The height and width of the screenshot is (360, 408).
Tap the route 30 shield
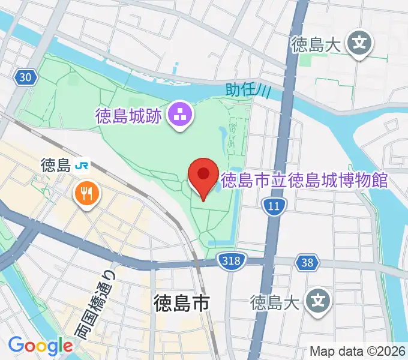pos(25,77)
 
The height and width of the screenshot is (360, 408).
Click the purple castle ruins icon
pos(179,113)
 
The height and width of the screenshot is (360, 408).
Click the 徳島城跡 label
pos(128,115)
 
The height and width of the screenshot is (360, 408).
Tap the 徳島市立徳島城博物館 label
pos(304,179)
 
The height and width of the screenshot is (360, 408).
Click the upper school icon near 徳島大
pos(359,44)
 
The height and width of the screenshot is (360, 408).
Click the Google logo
pos(40,346)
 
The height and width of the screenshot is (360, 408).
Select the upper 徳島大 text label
pos(316,44)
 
